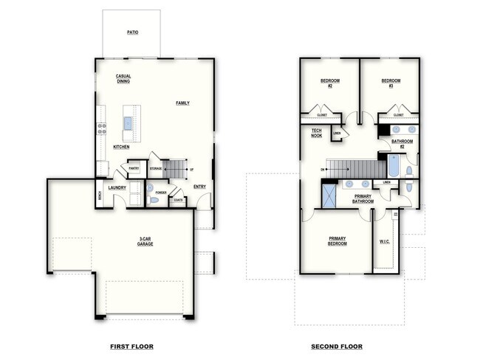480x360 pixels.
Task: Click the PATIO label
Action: [x=132, y=32]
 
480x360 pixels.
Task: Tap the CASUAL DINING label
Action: [x=123, y=78]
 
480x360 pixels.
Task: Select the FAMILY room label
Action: [x=182, y=103]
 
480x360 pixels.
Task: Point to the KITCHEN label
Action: [x=121, y=147]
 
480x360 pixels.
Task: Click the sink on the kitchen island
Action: [x=128, y=122]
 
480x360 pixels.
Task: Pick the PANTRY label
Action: [x=134, y=168]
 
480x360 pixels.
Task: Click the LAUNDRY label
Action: [x=117, y=187]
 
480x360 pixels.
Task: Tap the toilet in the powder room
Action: [x=154, y=200]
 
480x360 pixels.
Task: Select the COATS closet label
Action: [x=177, y=199]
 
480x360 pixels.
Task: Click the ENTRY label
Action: [x=200, y=187]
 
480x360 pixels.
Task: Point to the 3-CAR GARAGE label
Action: [x=145, y=240]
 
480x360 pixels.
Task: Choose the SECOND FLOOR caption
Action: [x=337, y=346]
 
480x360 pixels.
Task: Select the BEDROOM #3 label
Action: [x=391, y=83]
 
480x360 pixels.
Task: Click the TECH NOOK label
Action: [x=316, y=133]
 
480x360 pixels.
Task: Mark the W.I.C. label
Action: [x=385, y=240]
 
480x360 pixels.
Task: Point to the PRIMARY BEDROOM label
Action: [x=337, y=240]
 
